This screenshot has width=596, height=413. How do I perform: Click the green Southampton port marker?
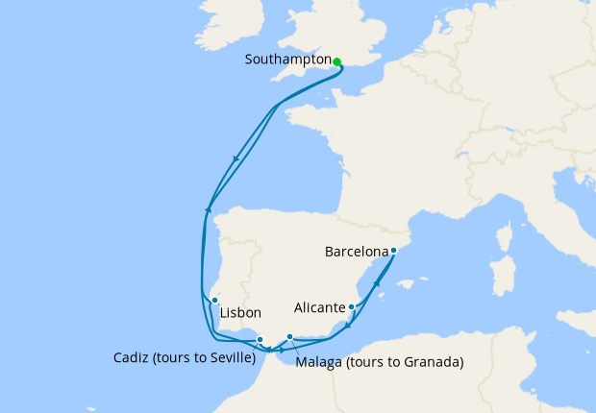coord(337,61)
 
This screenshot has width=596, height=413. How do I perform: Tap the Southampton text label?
coord(286,60)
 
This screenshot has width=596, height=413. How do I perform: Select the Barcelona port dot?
coord(394,250)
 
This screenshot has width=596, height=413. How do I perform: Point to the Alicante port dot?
coord(353,307)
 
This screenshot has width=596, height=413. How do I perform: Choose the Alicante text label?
coord(319,308)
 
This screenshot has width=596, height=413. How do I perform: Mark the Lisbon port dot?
coord(215,301)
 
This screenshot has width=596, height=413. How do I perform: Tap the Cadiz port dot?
coord(260,339)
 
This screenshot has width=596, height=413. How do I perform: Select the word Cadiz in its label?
coord(131,358)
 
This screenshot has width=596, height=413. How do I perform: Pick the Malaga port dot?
coord(290,336)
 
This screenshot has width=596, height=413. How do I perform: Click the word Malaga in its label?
coord(319,363)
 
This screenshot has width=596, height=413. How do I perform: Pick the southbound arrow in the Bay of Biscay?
coord(236,160)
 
